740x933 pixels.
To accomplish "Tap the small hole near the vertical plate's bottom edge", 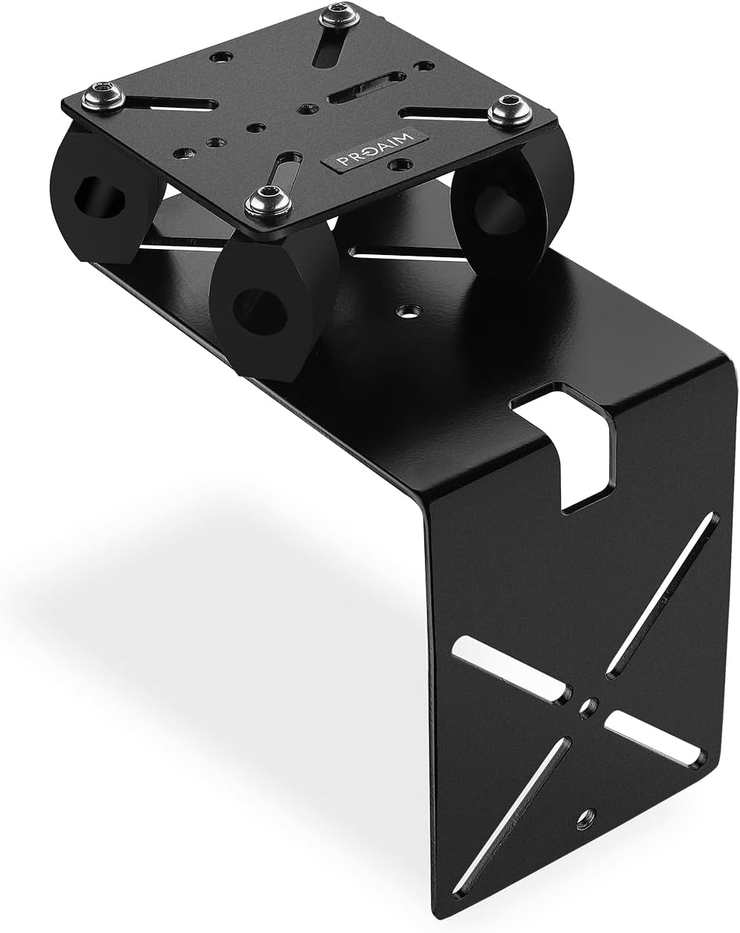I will click(589, 815).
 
